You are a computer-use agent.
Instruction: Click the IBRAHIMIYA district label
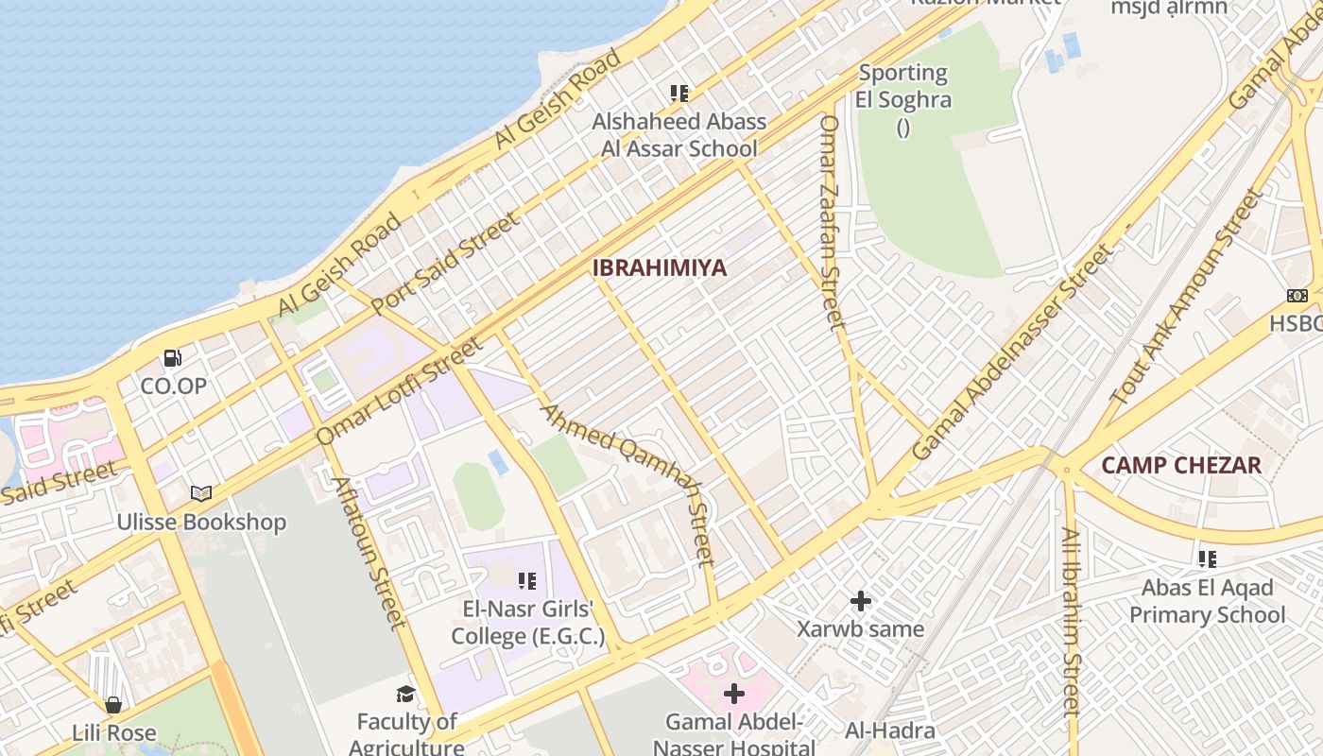(x=660, y=267)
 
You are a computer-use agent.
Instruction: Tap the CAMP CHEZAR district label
(x=1181, y=465)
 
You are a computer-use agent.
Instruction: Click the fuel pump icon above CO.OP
(x=173, y=358)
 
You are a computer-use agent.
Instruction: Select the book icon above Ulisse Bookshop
(x=201, y=493)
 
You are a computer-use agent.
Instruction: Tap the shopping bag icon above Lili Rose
(x=113, y=705)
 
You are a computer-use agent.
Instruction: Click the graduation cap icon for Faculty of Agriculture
(x=405, y=695)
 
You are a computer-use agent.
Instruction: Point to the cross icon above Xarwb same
(x=860, y=600)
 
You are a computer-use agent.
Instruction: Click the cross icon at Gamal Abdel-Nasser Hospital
(x=733, y=695)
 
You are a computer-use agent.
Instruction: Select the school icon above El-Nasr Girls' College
(x=527, y=580)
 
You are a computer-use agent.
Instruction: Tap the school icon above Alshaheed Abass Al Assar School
(x=679, y=93)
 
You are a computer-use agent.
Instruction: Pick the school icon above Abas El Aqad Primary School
(x=1207, y=558)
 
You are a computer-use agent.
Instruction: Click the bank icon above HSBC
(x=1297, y=296)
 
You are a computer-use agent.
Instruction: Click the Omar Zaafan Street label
(x=831, y=222)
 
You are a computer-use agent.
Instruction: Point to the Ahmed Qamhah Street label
(x=627, y=483)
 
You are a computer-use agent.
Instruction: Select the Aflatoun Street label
(x=369, y=552)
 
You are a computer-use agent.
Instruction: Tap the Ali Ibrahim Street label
(x=1071, y=620)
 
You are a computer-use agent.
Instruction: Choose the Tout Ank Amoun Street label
(x=1188, y=297)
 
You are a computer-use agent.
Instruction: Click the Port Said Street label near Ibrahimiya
(x=445, y=264)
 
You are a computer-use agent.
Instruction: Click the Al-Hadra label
(x=889, y=730)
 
